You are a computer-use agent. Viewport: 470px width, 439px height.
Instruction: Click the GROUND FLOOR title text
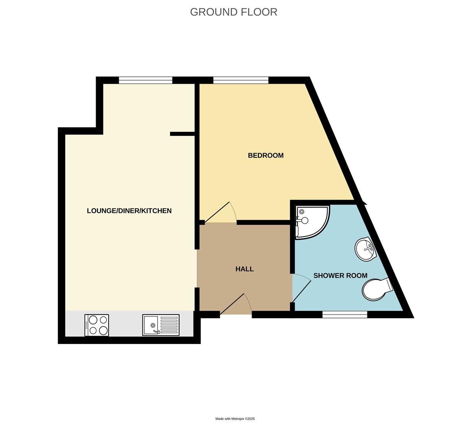coord(234,12)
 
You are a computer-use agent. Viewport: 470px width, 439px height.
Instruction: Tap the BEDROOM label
coord(266,155)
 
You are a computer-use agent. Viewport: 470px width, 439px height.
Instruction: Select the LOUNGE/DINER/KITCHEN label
coord(129,211)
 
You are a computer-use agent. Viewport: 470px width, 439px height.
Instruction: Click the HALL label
coord(245,269)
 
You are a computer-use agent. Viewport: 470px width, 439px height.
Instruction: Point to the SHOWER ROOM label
coord(340,276)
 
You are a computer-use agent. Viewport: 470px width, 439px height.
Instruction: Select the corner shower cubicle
coord(311,221)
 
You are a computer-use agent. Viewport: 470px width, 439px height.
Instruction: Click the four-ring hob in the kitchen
coord(97,325)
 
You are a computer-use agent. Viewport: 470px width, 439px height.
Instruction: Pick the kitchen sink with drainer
coord(161,325)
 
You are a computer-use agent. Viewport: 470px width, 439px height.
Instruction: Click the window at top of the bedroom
coord(241,80)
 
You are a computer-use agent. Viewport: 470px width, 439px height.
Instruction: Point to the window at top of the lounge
coord(146,80)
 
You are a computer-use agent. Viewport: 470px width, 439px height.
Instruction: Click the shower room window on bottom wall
coord(345,314)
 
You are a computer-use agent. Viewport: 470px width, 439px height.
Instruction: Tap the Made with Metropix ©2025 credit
coord(235,419)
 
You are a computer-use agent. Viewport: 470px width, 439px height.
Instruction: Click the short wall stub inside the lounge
coord(182,134)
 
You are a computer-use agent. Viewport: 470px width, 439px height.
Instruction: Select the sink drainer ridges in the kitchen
coord(169,325)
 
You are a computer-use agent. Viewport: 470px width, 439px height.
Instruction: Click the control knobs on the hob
coord(87,325)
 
